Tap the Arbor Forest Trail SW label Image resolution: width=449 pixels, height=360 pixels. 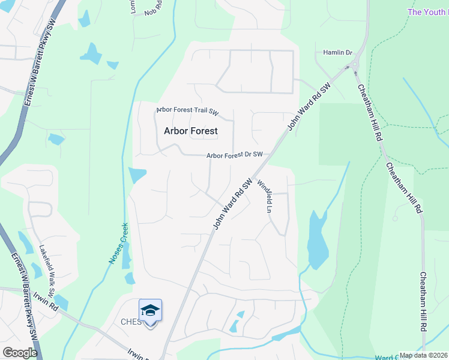coord(188,111)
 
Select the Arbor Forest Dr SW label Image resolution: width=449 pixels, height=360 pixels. coord(235,155)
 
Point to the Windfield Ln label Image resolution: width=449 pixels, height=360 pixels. coord(265,196)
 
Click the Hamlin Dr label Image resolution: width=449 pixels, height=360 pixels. coord(337,53)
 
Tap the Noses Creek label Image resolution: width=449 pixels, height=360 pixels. coord(118,244)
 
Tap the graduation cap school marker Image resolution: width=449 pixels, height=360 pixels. coord(150,310)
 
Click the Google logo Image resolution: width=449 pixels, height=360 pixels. coord(19,353)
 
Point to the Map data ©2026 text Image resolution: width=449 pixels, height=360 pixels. coord(424,355)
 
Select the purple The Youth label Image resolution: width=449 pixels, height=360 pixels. coord(427,12)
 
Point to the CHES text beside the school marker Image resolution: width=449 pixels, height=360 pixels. coord(130,322)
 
